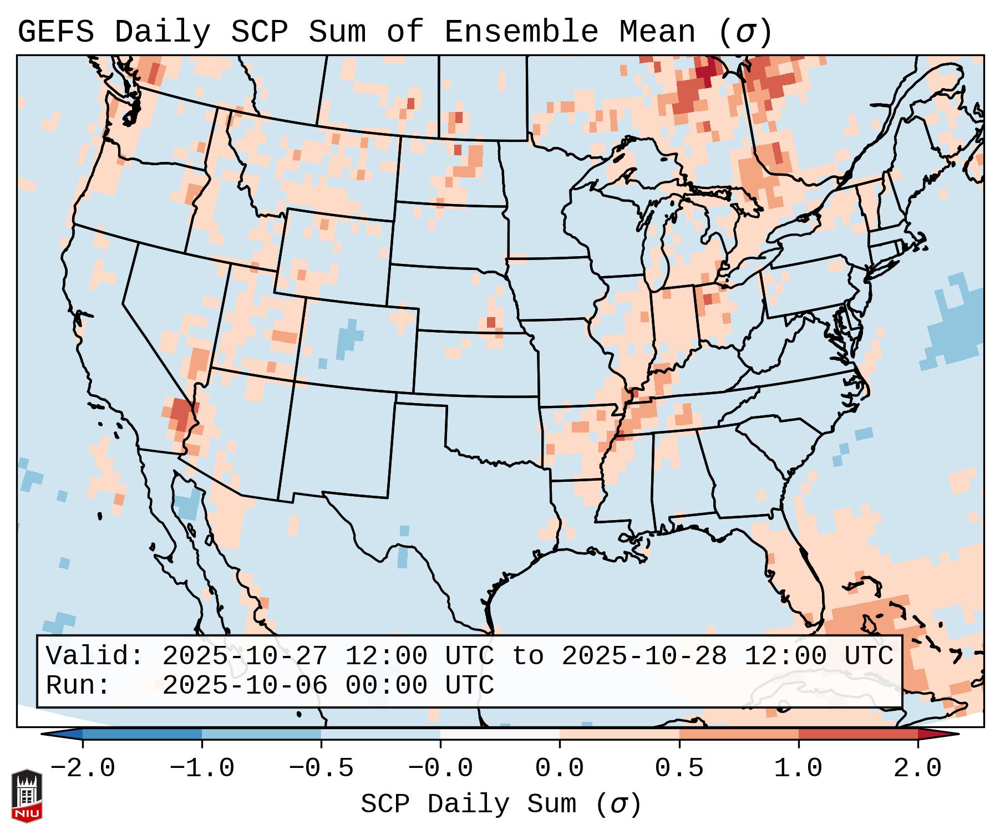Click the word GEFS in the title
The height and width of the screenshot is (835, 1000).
click(55, 32)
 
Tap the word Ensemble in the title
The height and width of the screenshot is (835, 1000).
click(521, 32)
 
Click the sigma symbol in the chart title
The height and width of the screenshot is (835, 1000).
click(745, 32)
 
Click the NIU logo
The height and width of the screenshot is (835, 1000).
click(27, 796)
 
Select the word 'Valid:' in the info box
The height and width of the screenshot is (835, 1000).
click(94, 656)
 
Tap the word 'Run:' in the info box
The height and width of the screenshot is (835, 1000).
click(78, 686)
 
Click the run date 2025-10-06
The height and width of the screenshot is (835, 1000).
click(245, 686)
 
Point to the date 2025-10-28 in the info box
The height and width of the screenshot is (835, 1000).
click(644, 656)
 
